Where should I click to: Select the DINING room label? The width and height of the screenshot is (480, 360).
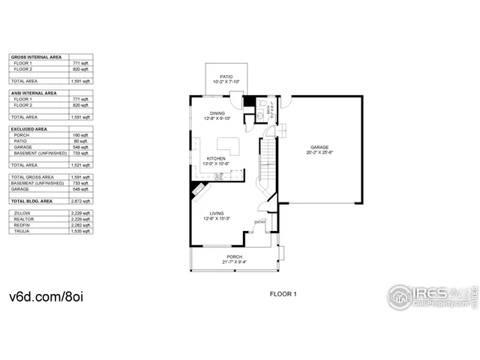click(x=217, y=112)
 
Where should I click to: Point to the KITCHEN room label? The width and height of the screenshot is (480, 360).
click(x=217, y=158)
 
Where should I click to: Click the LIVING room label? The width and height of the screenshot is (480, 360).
click(x=217, y=212)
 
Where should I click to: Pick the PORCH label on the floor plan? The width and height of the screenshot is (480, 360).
click(x=234, y=257)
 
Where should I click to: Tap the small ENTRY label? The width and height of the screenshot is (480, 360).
click(x=259, y=221)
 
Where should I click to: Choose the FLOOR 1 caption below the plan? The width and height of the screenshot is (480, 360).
click(x=283, y=295)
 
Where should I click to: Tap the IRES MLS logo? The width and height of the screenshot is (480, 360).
click(x=431, y=295)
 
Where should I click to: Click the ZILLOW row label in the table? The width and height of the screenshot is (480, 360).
click(x=22, y=213)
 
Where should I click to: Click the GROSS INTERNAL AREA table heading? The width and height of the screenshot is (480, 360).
click(x=35, y=57)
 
